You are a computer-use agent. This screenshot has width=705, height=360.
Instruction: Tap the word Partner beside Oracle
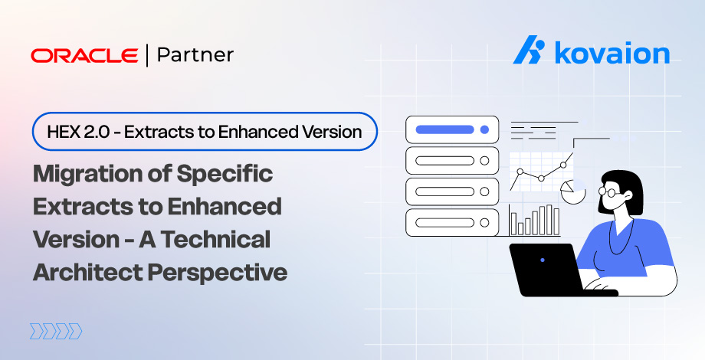(x=195, y=55)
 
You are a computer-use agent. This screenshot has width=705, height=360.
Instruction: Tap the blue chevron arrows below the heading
(x=56, y=331)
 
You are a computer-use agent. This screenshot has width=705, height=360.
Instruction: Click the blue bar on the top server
(x=444, y=129)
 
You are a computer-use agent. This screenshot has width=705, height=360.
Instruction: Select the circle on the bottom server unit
(x=484, y=222)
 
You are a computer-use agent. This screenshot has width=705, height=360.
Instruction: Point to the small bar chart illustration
(x=535, y=221)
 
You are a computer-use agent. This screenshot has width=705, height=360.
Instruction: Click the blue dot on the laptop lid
(x=543, y=260)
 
